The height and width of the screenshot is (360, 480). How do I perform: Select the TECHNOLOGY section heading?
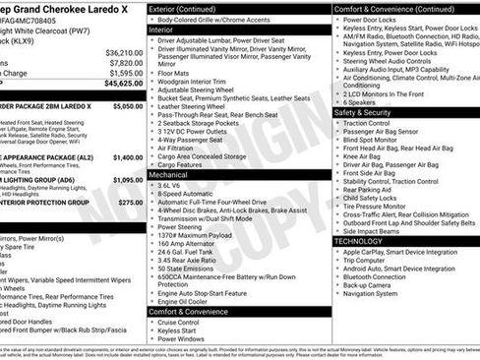pyautogui.click(x=358, y=241)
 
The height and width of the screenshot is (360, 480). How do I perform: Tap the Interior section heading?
pyautogui.click(x=161, y=30)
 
